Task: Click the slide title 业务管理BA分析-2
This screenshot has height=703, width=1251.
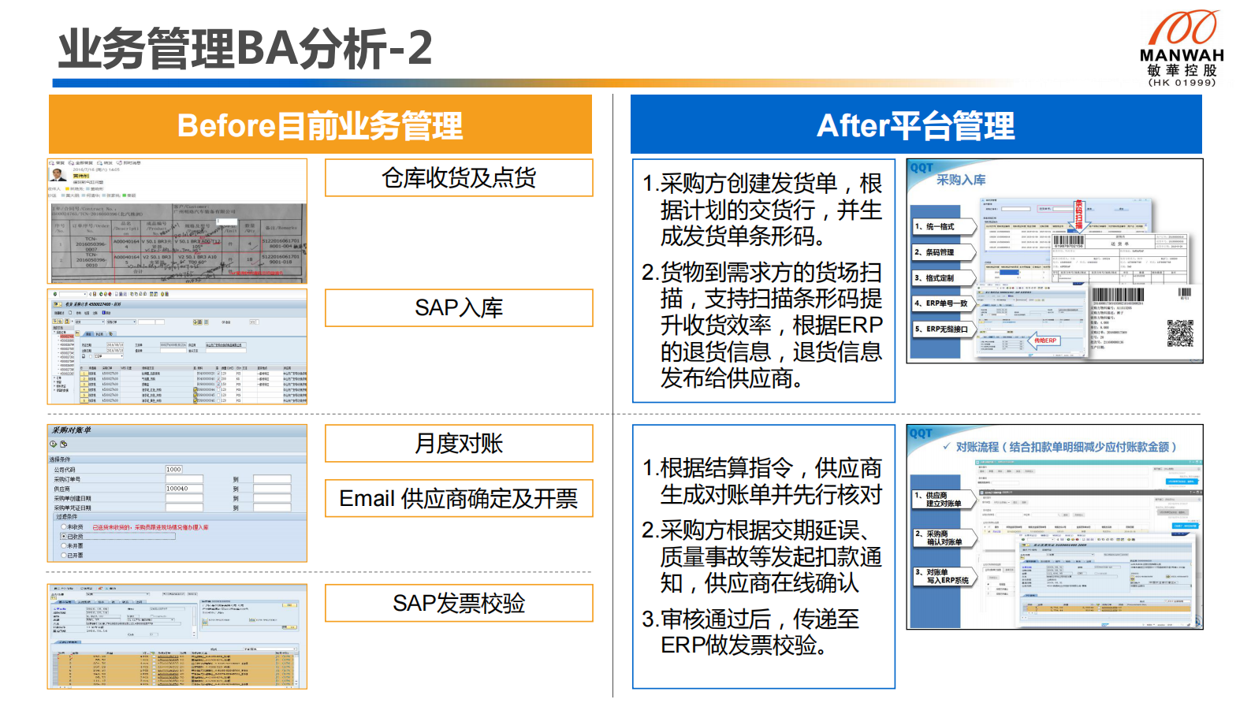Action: tap(245, 48)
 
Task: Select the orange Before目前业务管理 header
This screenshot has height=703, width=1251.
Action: tap(320, 125)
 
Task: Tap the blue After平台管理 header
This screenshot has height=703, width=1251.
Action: tap(915, 125)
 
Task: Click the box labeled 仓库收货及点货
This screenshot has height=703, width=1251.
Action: tap(459, 178)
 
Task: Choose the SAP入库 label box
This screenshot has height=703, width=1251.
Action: tap(459, 308)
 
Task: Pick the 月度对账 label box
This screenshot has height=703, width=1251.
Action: tap(459, 444)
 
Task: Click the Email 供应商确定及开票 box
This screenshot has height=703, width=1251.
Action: tap(459, 499)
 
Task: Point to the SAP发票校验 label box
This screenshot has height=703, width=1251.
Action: tap(459, 604)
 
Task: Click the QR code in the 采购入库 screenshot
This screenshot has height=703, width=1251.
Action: tap(1180, 334)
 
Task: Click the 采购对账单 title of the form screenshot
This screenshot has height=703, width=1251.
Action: tap(72, 430)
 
